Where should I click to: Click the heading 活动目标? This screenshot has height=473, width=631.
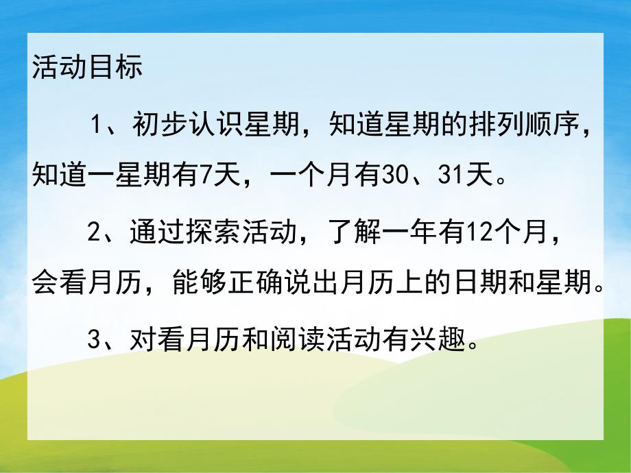coord(87,69)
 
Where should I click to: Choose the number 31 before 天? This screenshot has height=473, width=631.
coord(454,177)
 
